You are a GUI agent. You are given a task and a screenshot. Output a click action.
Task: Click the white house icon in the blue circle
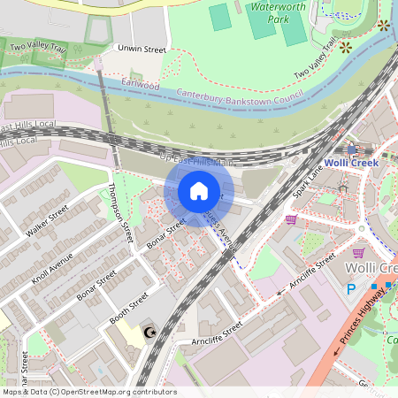click(x=199, y=191)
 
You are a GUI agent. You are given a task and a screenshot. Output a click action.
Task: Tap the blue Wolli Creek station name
click(x=351, y=163)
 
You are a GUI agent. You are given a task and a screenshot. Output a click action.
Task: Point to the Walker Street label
click(x=47, y=223)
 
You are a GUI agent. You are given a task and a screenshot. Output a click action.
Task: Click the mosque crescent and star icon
click(x=149, y=333)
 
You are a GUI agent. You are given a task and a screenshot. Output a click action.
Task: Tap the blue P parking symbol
click(x=350, y=288)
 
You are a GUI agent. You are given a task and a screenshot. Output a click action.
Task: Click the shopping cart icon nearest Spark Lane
click(x=291, y=219)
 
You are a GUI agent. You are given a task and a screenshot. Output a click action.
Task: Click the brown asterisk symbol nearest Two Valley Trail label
click(x=346, y=46)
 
